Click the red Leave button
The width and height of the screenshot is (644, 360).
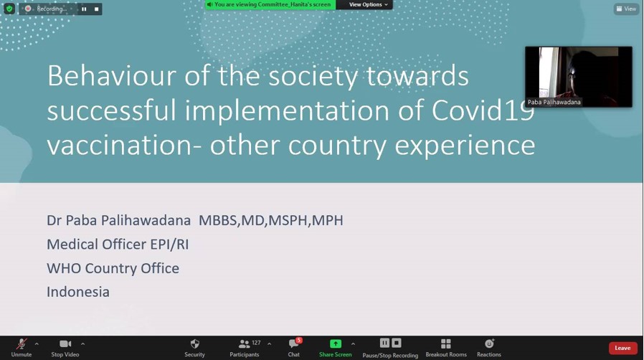click(x=622, y=348)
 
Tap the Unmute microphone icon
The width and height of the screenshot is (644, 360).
click(x=22, y=344)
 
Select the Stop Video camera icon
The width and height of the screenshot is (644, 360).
click(x=65, y=344)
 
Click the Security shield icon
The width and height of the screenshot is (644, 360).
click(x=194, y=344)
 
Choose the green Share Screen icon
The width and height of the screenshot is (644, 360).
click(x=336, y=344)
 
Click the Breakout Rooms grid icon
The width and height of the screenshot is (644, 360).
click(x=446, y=344)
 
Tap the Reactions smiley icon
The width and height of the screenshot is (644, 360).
click(x=489, y=344)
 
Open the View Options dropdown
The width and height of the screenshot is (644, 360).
click(x=368, y=4)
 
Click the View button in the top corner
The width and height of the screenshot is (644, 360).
click(x=626, y=9)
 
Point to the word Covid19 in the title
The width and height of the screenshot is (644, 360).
click(x=483, y=110)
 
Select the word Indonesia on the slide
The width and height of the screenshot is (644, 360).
click(x=78, y=292)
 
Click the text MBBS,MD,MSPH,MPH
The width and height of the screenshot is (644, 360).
click(x=270, y=220)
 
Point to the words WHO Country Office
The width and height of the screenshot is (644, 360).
click(x=113, y=268)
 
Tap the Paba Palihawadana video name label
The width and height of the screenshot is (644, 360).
click(x=554, y=103)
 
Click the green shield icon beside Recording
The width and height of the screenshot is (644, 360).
click(x=9, y=9)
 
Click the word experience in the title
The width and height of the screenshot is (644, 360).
click(x=465, y=146)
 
